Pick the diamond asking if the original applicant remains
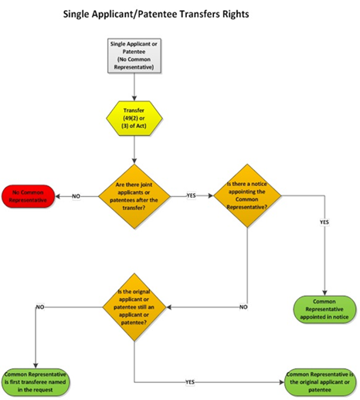(135, 306)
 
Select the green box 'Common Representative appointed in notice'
(322, 307)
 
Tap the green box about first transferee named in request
(38, 380)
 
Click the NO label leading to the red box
(76, 196)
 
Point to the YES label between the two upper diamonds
(191, 196)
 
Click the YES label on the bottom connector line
(189, 381)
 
